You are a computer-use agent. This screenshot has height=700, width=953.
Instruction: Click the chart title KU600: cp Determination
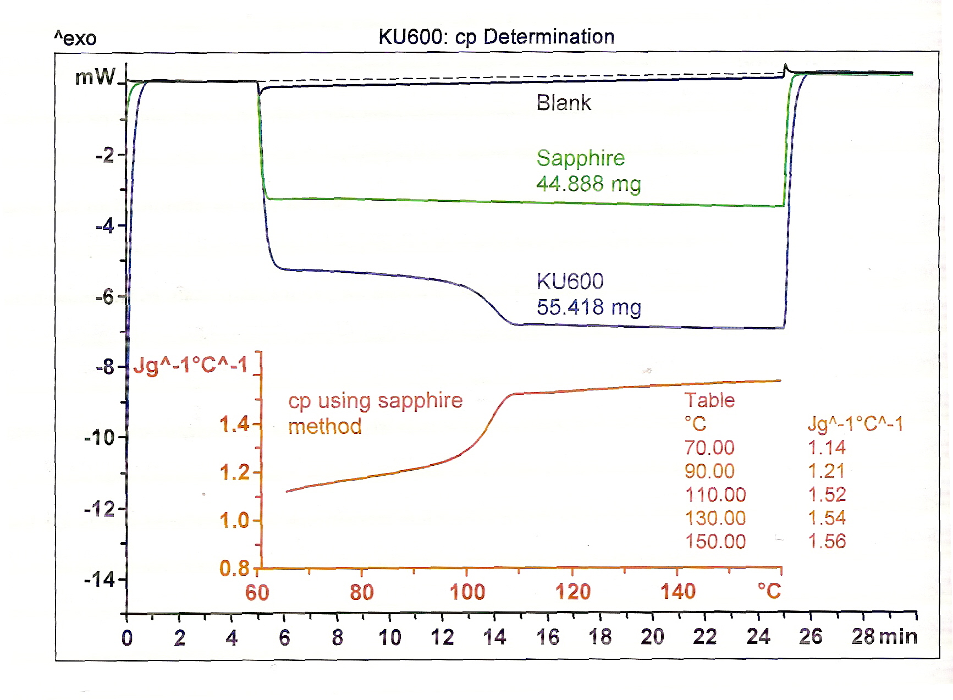click(496, 37)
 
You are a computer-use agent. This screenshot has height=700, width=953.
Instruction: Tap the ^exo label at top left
click(75, 38)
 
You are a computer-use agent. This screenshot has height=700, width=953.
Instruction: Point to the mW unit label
click(95, 77)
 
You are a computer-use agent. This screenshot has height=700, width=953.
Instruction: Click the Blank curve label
click(564, 103)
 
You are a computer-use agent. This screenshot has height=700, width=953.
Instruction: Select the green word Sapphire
click(581, 158)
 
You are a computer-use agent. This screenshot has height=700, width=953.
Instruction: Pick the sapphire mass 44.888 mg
click(588, 184)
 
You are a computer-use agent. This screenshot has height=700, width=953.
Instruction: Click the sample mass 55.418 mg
click(588, 307)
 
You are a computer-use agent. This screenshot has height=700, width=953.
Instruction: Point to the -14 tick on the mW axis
click(99, 580)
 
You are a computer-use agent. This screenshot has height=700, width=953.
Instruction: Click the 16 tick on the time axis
click(547, 637)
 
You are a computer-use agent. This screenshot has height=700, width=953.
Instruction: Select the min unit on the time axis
click(898, 637)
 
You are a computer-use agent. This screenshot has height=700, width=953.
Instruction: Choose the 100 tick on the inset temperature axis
click(467, 592)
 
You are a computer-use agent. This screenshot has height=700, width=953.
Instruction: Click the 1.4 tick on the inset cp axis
click(234, 425)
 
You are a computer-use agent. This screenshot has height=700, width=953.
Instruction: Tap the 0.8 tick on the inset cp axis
click(234, 568)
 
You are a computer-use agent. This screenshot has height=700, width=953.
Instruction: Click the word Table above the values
click(709, 400)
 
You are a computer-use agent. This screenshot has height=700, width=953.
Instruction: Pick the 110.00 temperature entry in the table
click(715, 495)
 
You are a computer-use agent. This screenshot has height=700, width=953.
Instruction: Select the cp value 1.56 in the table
click(827, 542)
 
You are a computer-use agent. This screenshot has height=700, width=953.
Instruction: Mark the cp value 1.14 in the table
click(827, 448)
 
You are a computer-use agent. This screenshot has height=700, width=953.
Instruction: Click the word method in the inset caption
click(325, 427)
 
